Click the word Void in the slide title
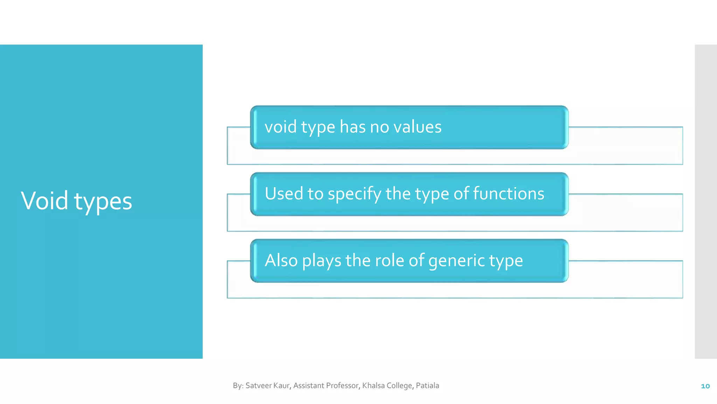point(44,201)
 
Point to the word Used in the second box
point(284,194)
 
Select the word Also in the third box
point(281,261)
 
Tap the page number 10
point(705,386)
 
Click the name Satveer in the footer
point(258,386)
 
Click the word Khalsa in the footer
point(373,386)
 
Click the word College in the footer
point(399,386)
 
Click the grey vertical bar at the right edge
point(705,201)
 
